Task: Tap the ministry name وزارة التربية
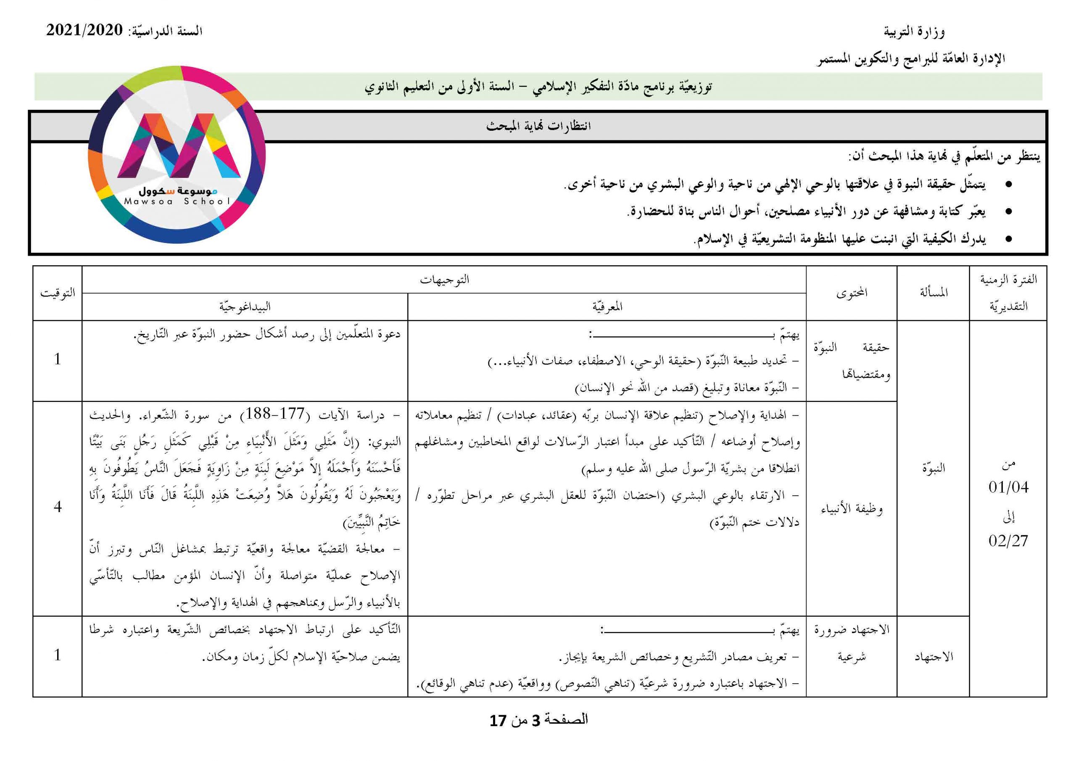pyautogui.click(x=914, y=32)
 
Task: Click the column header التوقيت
pyautogui.click(x=57, y=293)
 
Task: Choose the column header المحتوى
pyautogui.click(x=852, y=293)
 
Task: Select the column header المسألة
pyautogui.click(x=933, y=293)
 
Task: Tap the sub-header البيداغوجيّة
pyautogui.click(x=245, y=307)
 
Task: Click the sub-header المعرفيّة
pyautogui.click(x=607, y=307)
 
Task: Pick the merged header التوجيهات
pyautogui.click(x=444, y=280)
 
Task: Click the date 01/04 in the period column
pyautogui.click(x=1008, y=488)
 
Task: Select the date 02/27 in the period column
pyautogui.click(x=1008, y=541)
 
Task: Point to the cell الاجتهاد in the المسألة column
pyautogui.click(x=934, y=657)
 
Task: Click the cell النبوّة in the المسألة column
pyautogui.click(x=934, y=468)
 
